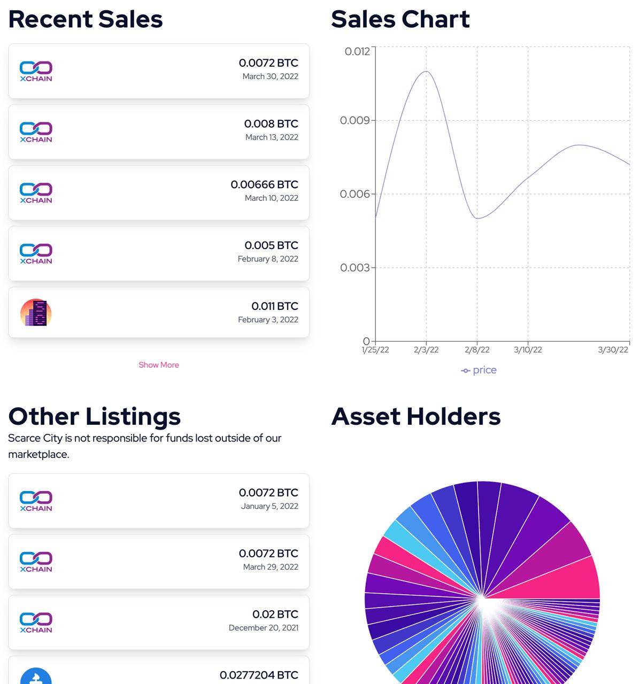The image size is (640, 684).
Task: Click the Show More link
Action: point(159,365)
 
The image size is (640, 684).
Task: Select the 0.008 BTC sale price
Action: point(271,124)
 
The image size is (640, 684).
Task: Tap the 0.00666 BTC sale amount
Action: point(264,185)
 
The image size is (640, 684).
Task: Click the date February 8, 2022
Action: point(268,259)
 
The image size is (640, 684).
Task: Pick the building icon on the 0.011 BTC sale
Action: point(36,313)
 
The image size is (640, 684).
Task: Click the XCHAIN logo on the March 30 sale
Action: point(36,71)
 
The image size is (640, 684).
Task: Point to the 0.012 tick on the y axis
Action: point(357,52)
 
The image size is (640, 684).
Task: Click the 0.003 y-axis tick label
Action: point(354,268)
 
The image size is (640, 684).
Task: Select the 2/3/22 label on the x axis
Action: point(426,350)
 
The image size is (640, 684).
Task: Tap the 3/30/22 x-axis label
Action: point(613,350)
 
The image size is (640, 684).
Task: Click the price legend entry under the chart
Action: point(479,370)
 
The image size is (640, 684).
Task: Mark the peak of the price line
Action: point(426,72)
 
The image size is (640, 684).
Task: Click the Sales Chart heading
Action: point(400,19)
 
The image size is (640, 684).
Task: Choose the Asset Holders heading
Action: point(415,417)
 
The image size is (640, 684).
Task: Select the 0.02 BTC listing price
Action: point(275,615)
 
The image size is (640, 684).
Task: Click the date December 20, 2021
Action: point(264,628)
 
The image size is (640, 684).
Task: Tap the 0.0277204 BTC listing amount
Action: point(259,675)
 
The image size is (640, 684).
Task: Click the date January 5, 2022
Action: point(269,506)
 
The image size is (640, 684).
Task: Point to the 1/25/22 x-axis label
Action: point(375,350)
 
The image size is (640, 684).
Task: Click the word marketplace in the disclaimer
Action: point(38,455)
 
